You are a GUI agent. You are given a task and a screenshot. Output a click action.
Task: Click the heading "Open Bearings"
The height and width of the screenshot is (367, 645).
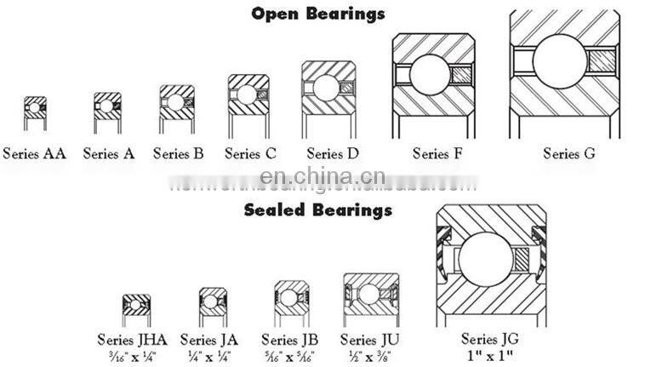point(318,13)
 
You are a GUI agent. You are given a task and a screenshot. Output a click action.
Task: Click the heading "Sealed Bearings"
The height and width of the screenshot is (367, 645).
point(318,209)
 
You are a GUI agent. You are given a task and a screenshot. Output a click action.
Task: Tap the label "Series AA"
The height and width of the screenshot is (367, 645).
point(34,154)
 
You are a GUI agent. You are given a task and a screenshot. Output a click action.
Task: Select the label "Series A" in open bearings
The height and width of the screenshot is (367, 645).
point(109,154)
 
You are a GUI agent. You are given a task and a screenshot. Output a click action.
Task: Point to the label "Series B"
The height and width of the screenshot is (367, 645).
point(178,154)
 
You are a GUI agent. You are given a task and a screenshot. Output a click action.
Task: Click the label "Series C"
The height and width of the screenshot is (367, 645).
point(249,154)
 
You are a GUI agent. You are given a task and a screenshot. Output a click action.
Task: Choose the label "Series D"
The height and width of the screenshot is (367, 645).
point(332,154)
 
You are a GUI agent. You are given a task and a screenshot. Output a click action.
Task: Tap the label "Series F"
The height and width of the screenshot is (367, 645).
point(437,154)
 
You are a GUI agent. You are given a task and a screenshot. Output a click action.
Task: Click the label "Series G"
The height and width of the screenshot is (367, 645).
point(569,154)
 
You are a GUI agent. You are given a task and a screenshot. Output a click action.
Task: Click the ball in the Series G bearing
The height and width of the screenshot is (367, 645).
point(560,60)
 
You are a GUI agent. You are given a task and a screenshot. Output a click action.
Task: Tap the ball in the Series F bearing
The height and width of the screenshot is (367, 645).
point(430,74)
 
